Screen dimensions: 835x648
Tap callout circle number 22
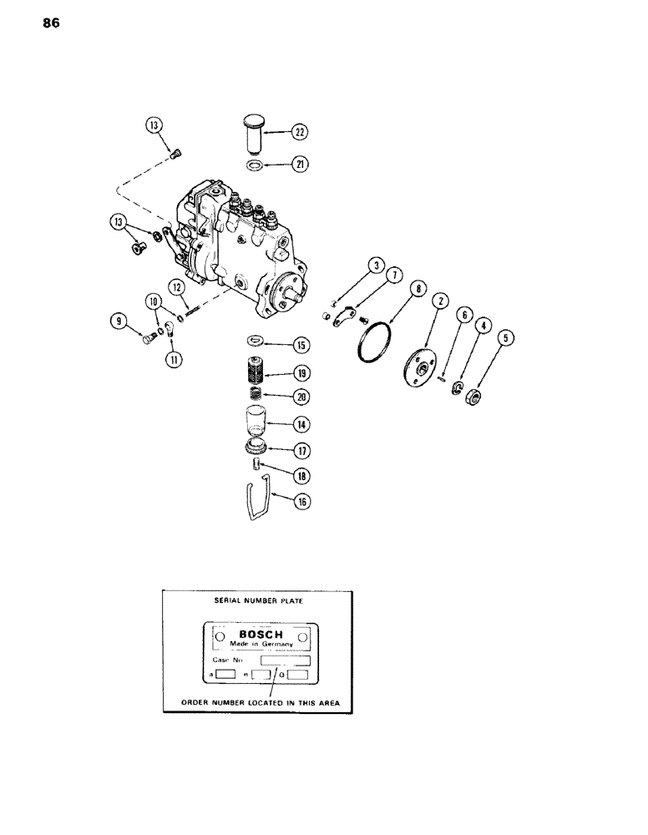(300, 131)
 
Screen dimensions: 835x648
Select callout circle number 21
(300, 165)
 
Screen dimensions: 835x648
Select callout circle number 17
(300, 450)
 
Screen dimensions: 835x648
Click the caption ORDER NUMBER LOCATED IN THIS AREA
(257, 703)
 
